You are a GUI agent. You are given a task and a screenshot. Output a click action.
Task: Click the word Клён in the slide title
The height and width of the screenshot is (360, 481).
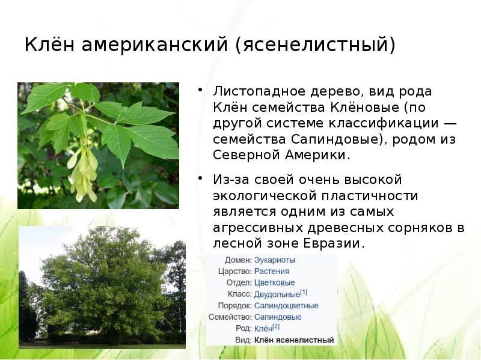[49, 44]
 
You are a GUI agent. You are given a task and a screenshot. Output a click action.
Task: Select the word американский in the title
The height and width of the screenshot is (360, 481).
[155, 44]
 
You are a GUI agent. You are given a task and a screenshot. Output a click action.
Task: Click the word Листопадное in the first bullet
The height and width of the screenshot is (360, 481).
[259, 91]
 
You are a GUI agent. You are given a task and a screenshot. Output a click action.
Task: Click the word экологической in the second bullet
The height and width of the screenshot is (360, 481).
[264, 197]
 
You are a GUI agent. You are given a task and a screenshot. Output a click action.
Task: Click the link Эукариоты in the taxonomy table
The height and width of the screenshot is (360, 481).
[275, 260]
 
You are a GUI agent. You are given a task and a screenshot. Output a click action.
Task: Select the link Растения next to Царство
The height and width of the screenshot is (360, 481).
[272, 272]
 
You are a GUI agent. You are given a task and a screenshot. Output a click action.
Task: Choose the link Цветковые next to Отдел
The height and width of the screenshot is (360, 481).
[275, 282]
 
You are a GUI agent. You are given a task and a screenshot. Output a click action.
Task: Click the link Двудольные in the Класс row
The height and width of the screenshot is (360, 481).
[277, 294]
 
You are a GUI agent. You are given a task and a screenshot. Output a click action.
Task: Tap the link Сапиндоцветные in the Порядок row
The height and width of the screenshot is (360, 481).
[286, 306]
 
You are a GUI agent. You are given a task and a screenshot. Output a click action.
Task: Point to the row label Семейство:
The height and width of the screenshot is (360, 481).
[230, 317]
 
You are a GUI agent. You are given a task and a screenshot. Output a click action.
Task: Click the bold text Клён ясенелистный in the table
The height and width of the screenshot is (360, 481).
[294, 340]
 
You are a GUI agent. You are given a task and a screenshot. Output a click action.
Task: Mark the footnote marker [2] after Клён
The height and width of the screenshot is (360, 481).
[276, 326]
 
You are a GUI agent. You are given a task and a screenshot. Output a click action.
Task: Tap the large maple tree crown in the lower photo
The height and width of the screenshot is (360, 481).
[101, 282]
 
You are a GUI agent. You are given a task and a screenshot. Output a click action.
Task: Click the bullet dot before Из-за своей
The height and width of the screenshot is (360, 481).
[201, 178]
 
